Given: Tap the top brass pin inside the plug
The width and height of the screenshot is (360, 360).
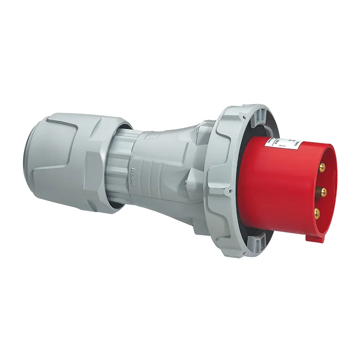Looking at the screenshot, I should coord(323,167).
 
